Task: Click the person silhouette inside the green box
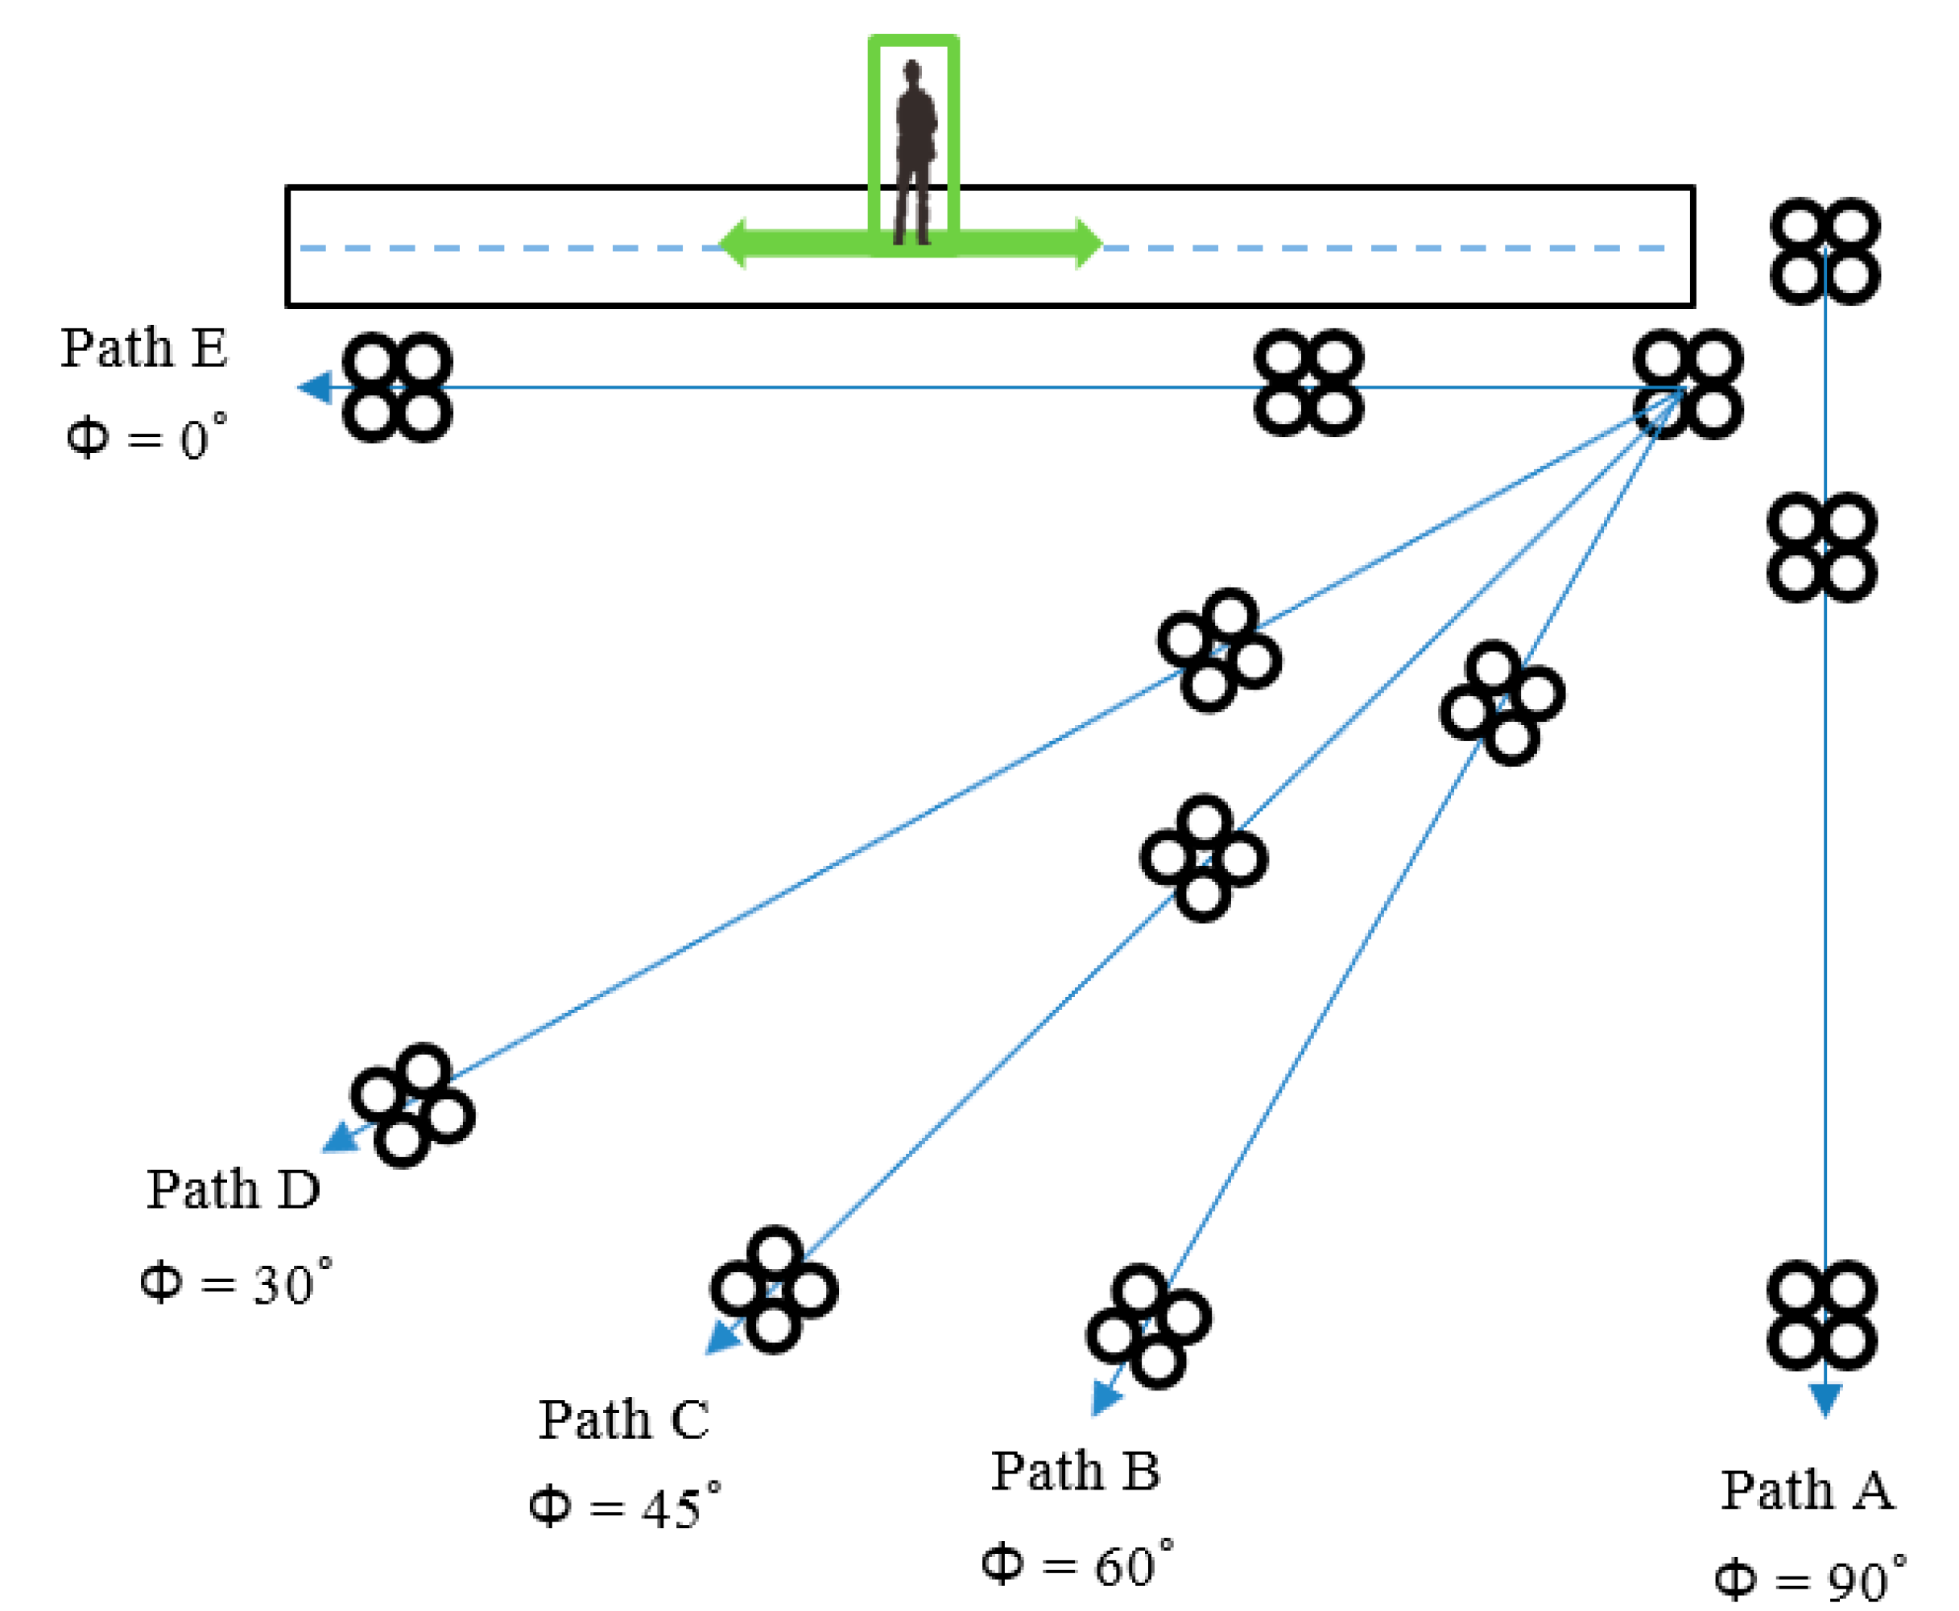(915, 153)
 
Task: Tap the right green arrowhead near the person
(1087, 244)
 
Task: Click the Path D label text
(233, 1189)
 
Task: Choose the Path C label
(624, 1419)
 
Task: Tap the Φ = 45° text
(625, 1508)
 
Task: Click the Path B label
(1075, 1472)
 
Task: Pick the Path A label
(1807, 1490)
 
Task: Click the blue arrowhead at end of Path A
(1825, 1398)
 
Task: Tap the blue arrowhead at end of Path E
(316, 387)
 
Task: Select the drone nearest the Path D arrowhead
(412, 1105)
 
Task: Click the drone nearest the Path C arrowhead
(774, 1290)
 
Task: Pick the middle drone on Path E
(1308, 382)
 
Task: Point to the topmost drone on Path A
(1825, 250)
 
